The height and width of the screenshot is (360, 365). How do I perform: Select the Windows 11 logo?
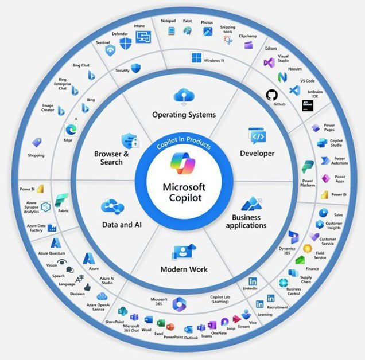coord(197,58)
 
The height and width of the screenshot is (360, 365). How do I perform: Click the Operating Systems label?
coord(184,115)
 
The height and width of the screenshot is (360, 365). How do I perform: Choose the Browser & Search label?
coord(108,158)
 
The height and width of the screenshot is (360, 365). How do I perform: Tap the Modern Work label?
coord(183,269)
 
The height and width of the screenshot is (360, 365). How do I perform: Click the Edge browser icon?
coord(71,130)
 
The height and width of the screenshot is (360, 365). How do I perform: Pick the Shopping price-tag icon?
coord(37,142)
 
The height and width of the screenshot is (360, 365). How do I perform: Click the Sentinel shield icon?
coord(110,50)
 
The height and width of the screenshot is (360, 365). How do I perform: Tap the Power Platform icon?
coord(308,167)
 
